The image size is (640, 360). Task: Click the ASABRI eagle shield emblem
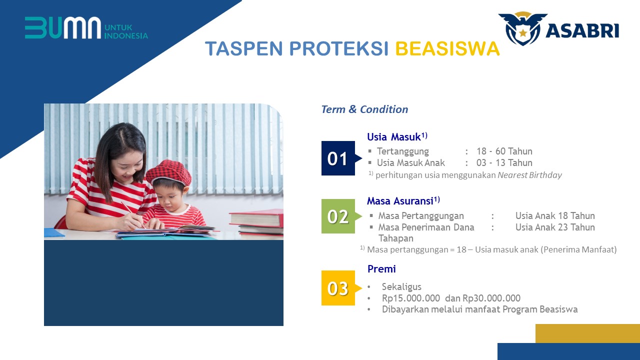tap(522, 28)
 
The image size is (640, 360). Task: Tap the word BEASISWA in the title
tap(447, 48)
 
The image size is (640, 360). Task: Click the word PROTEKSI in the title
tap(339, 48)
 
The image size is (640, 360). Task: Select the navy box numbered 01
tap(338, 158)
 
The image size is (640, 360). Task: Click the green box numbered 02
tap(338, 216)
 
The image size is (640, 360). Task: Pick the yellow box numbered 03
tap(338, 288)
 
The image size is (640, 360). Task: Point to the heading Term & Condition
tap(364, 109)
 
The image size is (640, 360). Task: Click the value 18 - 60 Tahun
tap(504, 151)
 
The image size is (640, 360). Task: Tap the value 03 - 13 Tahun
tap(504, 163)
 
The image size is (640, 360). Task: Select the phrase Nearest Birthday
tap(529, 175)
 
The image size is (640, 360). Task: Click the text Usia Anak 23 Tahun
tap(555, 227)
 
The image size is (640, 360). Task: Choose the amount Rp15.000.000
tap(411, 298)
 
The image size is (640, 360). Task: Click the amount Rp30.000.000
tap(491, 298)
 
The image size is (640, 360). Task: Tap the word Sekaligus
tap(401, 287)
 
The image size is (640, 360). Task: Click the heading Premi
tap(381, 269)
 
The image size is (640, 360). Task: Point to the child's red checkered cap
tap(168, 172)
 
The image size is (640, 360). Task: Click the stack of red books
tap(256, 223)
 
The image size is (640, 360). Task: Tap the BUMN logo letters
tap(63, 27)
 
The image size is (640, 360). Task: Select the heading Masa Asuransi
tap(403, 201)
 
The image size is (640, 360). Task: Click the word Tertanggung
tap(403, 151)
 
